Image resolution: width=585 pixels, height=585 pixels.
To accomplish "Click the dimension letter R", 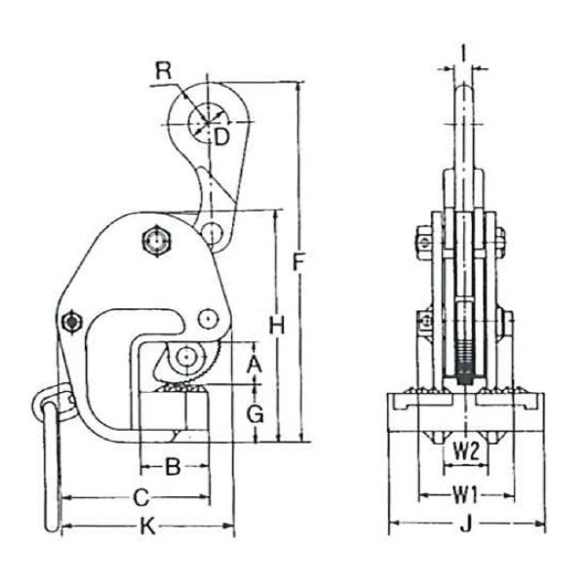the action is (164, 71).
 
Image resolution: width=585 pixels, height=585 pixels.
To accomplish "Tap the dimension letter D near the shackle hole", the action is (221, 137).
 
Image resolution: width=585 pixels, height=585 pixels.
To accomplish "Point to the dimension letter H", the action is (277, 326).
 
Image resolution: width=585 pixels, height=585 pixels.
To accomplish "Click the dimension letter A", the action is (254, 365).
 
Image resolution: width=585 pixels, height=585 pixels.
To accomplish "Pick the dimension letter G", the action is (255, 413).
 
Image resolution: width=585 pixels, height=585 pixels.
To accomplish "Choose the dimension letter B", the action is (173, 466).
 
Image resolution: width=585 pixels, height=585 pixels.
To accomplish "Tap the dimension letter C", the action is (141, 497).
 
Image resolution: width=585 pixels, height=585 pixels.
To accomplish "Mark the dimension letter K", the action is (148, 526).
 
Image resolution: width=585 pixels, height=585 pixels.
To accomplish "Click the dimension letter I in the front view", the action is (463, 54).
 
